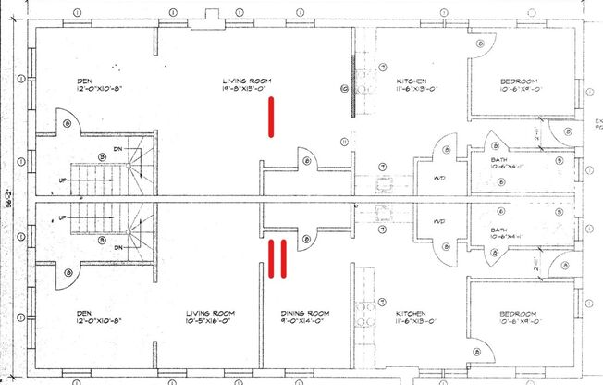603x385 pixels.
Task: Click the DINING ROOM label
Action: tap(305, 314)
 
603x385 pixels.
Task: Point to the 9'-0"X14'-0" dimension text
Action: tap(305, 323)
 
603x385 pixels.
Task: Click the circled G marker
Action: tap(344, 90)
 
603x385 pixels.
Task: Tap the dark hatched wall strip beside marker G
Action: tap(353, 85)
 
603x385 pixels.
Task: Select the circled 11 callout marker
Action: tap(344, 142)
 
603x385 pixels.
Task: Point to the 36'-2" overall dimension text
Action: tap(11, 199)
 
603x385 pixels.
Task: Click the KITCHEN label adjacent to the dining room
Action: tap(410, 314)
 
